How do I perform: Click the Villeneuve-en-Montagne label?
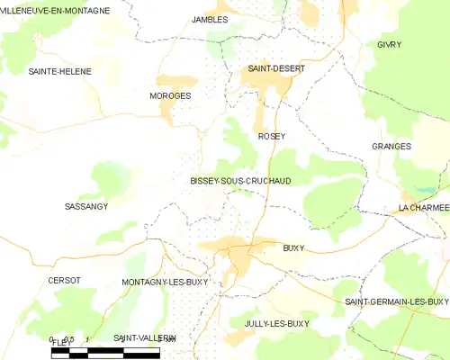pyautogui.click(x=56, y=11)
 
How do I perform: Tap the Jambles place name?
pyautogui.click(x=210, y=19)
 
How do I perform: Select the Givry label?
pyautogui.click(x=389, y=44)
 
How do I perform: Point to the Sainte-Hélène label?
pyautogui.click(x=59, y=70)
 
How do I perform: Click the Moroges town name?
pyautogui.click(x=170, y=94)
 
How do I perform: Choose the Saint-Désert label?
pyautogui.click(x=276, y=68)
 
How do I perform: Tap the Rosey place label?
pyautogui.click(x=271, y=136)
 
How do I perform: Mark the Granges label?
pyautogui.click(x=391, y=146)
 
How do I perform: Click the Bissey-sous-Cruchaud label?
pyautogui.click(x=240, y=181)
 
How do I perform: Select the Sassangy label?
pyautogui.click(x=86, y=206)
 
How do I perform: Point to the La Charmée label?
pyautogui.click(x=423, y=208)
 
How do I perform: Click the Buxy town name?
pyautogui.click(x=293, y=247)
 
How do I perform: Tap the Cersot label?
pyautogui.click(x=64, y=280)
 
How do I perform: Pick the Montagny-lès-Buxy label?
pyautogui.click(x=165, y=282)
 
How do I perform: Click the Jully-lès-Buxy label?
pyautogui.click(x=276, y=322)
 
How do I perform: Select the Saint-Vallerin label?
pyautogui.click(x=144, y=337)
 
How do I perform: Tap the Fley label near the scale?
pyautogui.click(x=61, y=343)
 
